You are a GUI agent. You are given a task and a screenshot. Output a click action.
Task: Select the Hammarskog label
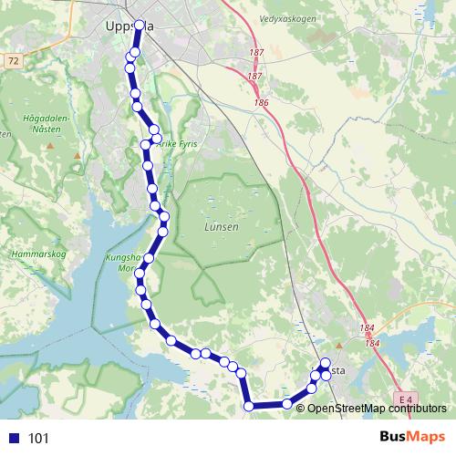[34, 254]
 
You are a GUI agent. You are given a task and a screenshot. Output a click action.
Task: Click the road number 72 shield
[13, 59]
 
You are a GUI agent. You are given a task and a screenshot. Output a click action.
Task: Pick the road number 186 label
[263, 103]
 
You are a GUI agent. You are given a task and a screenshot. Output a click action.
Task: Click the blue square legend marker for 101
[13, 438]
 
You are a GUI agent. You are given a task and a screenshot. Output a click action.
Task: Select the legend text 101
[38, 438]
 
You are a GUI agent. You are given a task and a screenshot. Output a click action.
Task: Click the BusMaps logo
[413, 437]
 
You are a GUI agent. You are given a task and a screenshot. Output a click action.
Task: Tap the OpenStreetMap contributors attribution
[378, 408]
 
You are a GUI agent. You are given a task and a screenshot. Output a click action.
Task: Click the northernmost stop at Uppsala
[140, 26]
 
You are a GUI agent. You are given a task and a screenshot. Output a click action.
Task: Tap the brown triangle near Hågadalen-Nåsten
[77, 156]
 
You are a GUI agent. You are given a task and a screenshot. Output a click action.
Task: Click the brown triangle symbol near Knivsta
[338, 346]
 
